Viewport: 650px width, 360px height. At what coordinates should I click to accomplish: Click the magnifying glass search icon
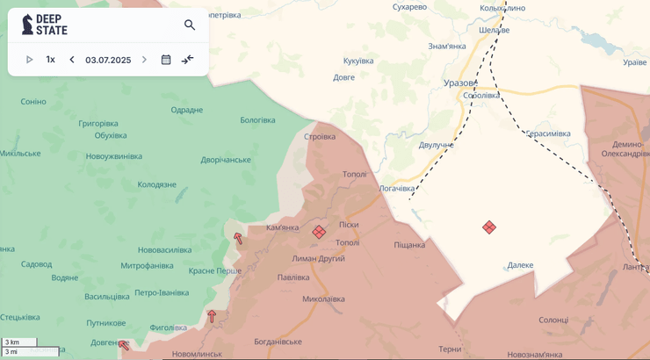[x=190, y=25]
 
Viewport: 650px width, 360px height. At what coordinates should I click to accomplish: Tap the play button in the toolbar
[x=29, y=60]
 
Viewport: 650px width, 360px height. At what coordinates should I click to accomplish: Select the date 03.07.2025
[x=108, y=60]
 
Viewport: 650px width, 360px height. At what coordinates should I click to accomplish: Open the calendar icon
[x=166, y=60]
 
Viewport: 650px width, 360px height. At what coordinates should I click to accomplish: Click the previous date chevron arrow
[x=72, y=60]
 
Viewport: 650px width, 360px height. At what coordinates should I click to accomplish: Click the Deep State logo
[x=44, y=25]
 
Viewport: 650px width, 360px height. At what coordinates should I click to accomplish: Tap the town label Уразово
[x=460, y=83]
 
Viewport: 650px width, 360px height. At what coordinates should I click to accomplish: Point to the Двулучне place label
[x=437, y=145]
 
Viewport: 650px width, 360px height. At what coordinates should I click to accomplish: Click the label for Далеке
[x=520, y=265]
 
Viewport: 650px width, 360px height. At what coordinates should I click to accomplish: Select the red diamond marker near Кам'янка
[x=319, y=232]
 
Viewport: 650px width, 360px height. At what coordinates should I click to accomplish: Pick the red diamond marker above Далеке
[x=489, y=227]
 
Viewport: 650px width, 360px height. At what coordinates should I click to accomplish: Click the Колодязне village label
[x=156, y=184]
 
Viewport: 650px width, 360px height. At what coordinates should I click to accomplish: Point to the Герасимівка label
[x=548, y=133]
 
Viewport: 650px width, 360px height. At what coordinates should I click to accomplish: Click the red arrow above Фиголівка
[x=212, y=316]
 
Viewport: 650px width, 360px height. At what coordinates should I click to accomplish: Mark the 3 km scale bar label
[x=11, y=342]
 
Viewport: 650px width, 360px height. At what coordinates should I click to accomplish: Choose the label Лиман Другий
[x=318, y=258]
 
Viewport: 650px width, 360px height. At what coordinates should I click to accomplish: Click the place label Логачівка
[x=397, y=188]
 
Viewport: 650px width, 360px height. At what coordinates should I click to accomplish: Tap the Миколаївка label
[x=323, y=299]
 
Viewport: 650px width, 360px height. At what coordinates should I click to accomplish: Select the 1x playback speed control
[x=50, y=60]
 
